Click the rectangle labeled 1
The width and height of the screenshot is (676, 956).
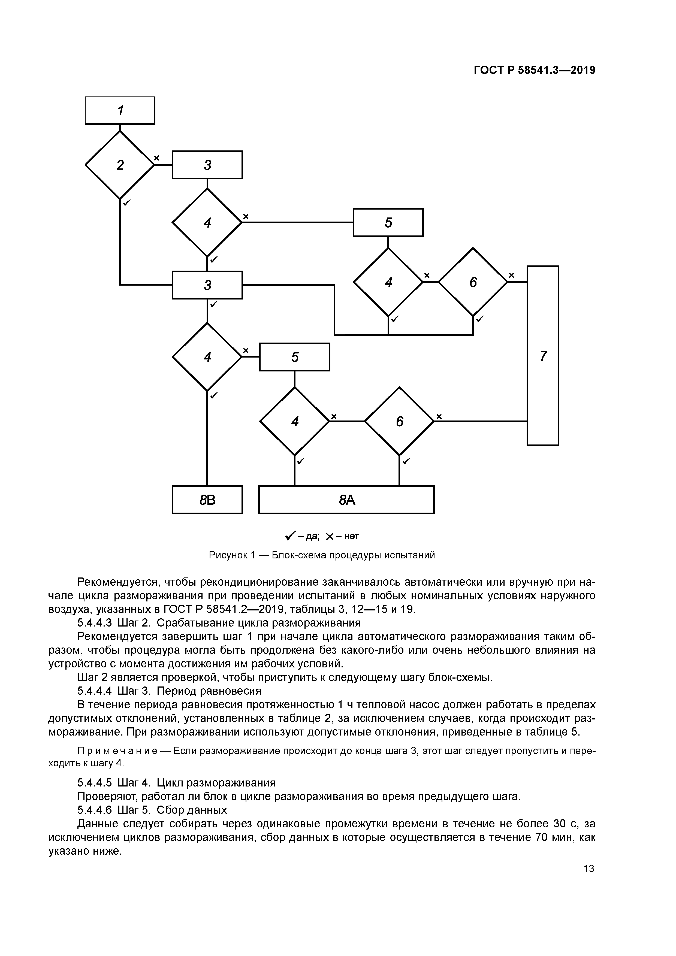(x=120, y=110)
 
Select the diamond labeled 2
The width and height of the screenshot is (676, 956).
(x=120, y=165)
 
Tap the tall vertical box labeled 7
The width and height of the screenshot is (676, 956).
(x=543, y=356)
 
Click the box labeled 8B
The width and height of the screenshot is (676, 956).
(x=207, y=500)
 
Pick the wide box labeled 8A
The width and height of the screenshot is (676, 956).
(x=346, y=500)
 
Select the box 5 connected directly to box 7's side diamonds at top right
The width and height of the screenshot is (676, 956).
(x=388, y=222)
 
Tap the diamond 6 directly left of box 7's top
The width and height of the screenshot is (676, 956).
(x=473, y=282)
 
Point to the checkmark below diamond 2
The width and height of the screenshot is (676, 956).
(x=127, y=202)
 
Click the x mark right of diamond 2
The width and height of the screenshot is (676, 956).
(x=157, y=158)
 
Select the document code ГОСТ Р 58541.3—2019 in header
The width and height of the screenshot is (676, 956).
(x=534, y=70)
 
